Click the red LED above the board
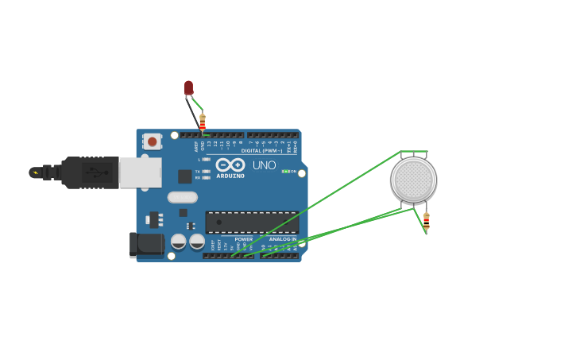(188, 87)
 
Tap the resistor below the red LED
(202, 122)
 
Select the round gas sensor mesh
(413, 180)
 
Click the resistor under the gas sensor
(426, 221)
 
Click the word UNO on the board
(264, 165)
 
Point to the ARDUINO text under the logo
(230, 176)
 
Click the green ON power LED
(285, 172)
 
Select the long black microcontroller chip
(252, 222)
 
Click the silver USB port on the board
(141, 172)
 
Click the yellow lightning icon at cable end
(34, 172)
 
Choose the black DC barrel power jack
(146, 245)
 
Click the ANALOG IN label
(282, 239)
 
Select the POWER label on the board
(244, 239)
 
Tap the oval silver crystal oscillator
(182, 197)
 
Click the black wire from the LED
(193, 110)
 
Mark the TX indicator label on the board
(198, 171)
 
